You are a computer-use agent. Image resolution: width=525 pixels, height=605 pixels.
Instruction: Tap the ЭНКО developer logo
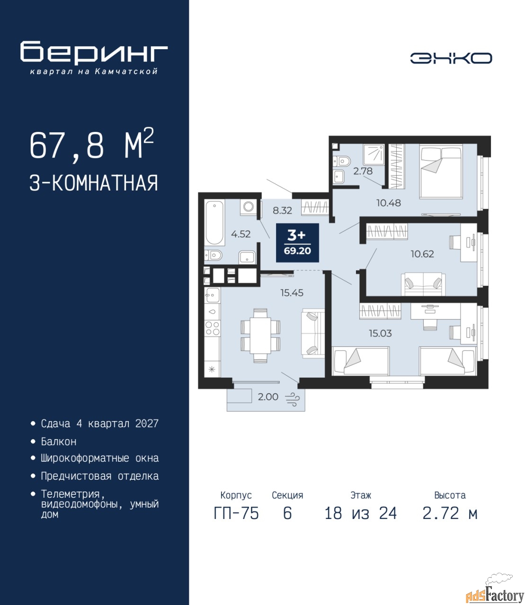point(451,58)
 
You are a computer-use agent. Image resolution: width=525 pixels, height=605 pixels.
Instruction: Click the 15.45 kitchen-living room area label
point(292,293)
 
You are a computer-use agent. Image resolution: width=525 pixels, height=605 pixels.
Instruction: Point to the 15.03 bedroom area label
point(380,333)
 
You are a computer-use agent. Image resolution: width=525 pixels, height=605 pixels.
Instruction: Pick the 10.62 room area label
point(422,254)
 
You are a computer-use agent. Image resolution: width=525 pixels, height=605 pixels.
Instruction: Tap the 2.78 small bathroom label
point(363,171)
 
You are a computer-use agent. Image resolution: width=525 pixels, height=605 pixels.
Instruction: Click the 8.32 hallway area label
point(282,210)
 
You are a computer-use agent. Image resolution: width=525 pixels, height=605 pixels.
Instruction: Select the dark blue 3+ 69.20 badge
point(297,242)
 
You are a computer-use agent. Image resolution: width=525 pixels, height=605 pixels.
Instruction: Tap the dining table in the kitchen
point(260,336)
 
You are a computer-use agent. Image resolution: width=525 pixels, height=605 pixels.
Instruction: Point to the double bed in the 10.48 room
point(441,172)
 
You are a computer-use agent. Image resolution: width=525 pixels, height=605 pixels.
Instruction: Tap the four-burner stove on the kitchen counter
point(212,328)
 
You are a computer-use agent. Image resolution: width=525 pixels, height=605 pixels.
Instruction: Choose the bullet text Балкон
point(59,441)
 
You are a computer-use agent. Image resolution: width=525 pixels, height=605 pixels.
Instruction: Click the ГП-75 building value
point(236,513)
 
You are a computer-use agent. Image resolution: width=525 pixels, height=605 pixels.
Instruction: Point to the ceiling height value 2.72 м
point(450,513)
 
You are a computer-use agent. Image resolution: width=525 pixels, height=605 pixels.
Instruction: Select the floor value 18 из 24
point(361,513)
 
